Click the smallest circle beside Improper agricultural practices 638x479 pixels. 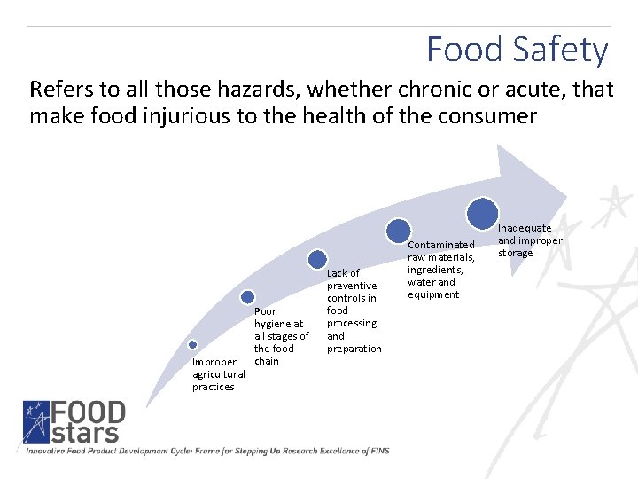pos(192,345)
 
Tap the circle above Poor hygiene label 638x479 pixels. pos(248,297)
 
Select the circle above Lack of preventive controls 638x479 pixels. pos(317,259)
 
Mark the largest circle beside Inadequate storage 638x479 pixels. pos(482,213)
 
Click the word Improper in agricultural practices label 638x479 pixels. pos(214,362)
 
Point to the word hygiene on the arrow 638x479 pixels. pos(273,324)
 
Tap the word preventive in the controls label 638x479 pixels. pos(352,286)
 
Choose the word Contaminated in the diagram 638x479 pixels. pos(441,245)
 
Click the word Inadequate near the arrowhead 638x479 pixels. pos(525,228)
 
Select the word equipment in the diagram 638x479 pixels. pos(433,294)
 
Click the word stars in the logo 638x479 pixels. pos(85,435)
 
